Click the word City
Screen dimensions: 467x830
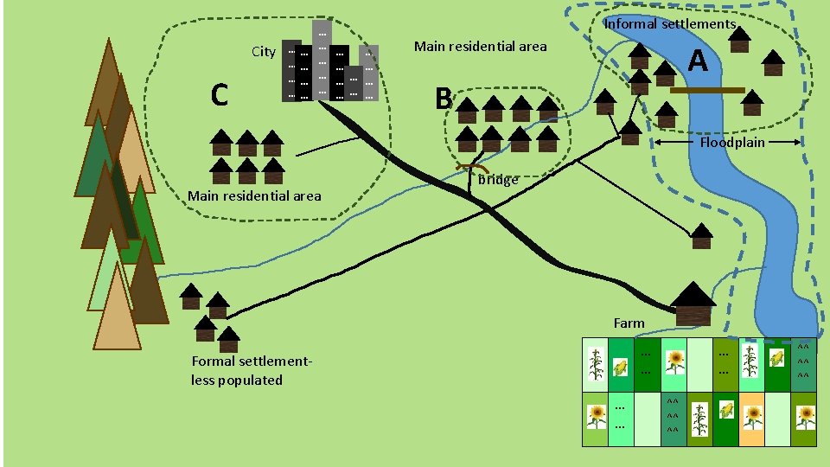[264, 52]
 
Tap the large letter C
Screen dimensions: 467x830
[219, 94]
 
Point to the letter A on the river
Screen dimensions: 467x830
[699, 61]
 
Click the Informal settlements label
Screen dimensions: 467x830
[670, 24]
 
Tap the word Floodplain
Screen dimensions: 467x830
[732, 142]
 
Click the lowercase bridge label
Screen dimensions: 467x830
[498, 180]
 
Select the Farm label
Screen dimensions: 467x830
[629, 323]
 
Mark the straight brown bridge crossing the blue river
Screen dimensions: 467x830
[706, 90]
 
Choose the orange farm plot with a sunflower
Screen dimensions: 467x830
[752, 418]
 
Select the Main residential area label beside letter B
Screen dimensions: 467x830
[480, 46]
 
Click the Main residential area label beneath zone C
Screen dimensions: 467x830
[254, 195]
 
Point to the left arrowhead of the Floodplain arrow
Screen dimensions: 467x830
[658, 142]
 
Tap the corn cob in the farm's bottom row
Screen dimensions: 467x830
[726, 412]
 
